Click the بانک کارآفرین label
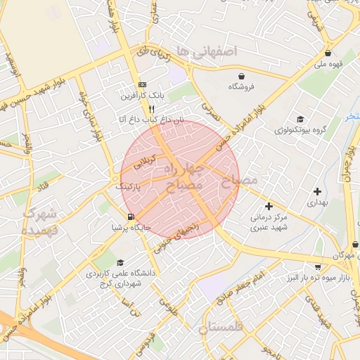[x=143, y=95]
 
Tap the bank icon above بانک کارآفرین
[x=143, y=83]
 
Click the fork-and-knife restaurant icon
[x=151, y=109]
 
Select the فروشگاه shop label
[x=243, y=87]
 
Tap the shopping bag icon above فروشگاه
[x=243, y=75]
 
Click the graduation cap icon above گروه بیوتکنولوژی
[x=300, y=119]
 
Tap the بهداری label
[x=318, y=202]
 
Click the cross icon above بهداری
[x=318, y=191]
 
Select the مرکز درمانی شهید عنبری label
[x=269, y=223]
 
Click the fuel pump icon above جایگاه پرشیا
[x=130, y=217]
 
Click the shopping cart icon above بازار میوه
[x=318, y=267]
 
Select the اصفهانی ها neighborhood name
[x=207, y=51]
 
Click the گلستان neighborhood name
[x=220, y=328]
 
